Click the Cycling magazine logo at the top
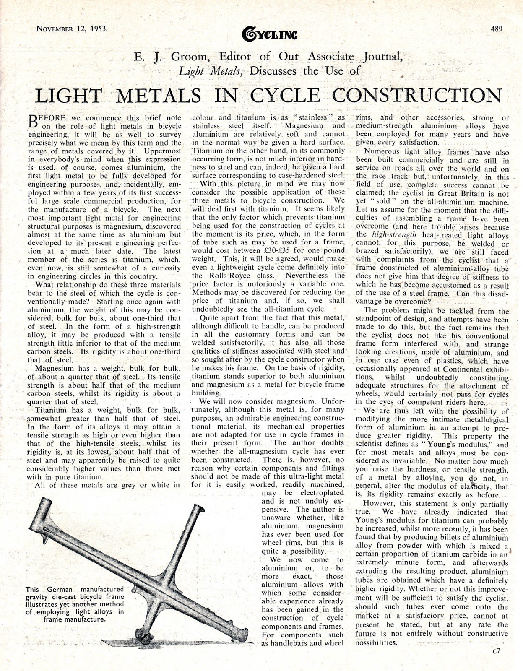coord(270,34)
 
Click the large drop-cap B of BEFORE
coord(33,121)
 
